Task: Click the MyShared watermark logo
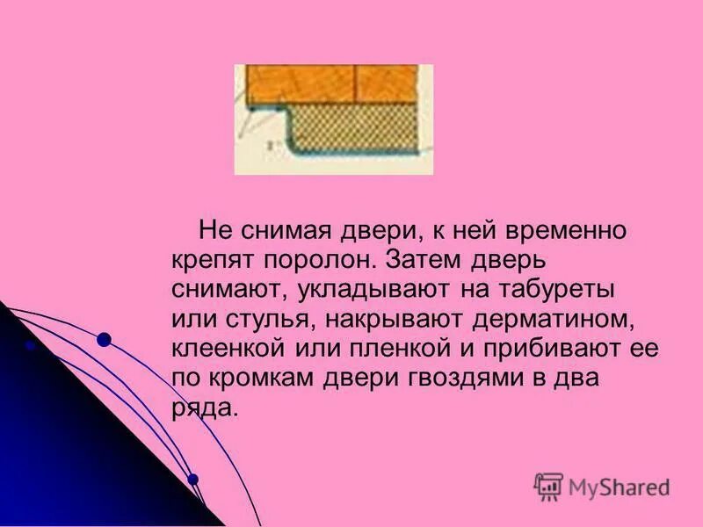pyautogui.click(x=602, y=486)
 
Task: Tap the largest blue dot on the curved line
pyautogui.click(x=104, y=339)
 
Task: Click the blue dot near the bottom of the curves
pyautogui.click(x=193, y=479)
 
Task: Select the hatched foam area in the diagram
pyautogui.click(x=360, y=127)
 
